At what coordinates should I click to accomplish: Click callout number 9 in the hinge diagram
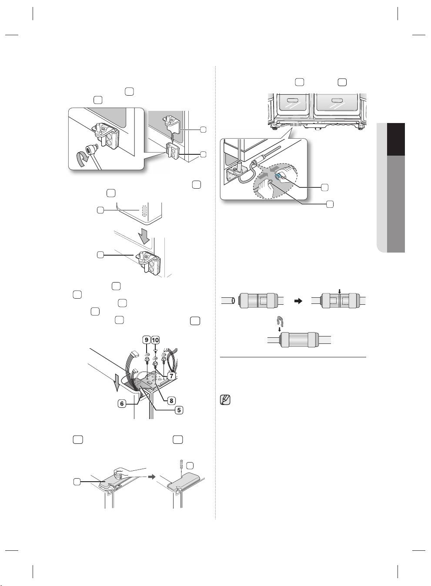click(x=147, y=340)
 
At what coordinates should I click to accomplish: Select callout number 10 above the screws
click(x=155, y=340)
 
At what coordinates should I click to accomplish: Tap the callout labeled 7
click(x=171, y=376)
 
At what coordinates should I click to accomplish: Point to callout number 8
click(x=172, y=400)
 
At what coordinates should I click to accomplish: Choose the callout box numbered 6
click(x=122, y=404)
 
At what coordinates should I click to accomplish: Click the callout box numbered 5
click(x=179, y=410)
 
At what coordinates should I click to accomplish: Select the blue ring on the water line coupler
click(x=278, y=177)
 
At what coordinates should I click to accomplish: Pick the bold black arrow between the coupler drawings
click(x=298, y=301)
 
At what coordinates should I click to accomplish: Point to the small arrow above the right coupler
click(x=339, y=291)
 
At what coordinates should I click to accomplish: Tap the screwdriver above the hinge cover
click(x=182, y=466)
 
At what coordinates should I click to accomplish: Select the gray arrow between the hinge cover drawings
click(x=151, y=477)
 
